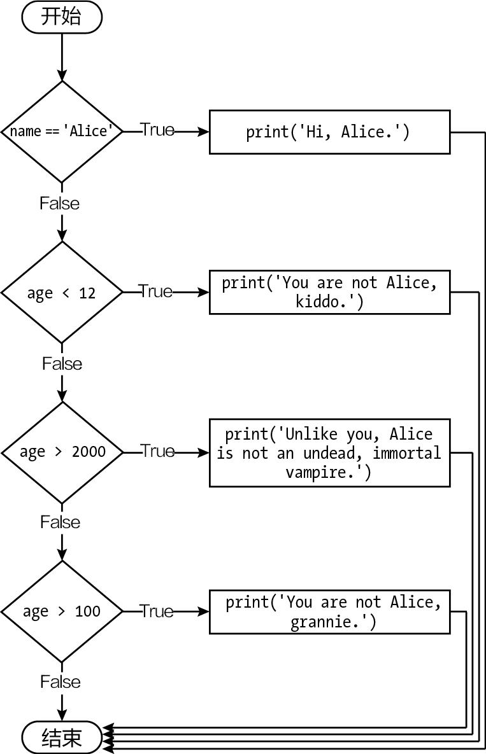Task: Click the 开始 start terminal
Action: pos(62,18)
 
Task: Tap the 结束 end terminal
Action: pos(62,737)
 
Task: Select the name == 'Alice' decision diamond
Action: pos(62,132)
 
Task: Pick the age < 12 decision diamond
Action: pos(62,293)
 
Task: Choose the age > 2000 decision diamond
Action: pos(62,452)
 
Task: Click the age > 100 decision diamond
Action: pos(62,611)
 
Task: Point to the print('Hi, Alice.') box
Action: pos(329,132)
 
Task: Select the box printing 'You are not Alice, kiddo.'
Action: pos(329,292)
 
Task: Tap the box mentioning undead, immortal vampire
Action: pos(329,452)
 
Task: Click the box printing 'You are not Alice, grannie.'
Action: pos(329,611)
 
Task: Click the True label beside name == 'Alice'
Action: pos(157,130)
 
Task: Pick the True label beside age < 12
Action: pos(156,291)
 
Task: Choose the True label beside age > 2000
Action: pos(157,450)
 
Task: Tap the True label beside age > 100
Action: pos(157,611)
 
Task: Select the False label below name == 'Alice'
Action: pos(60,203)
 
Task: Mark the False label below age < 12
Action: pos(62,363)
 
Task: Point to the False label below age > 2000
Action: pos(61,522)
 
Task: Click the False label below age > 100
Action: pos(61,681)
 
